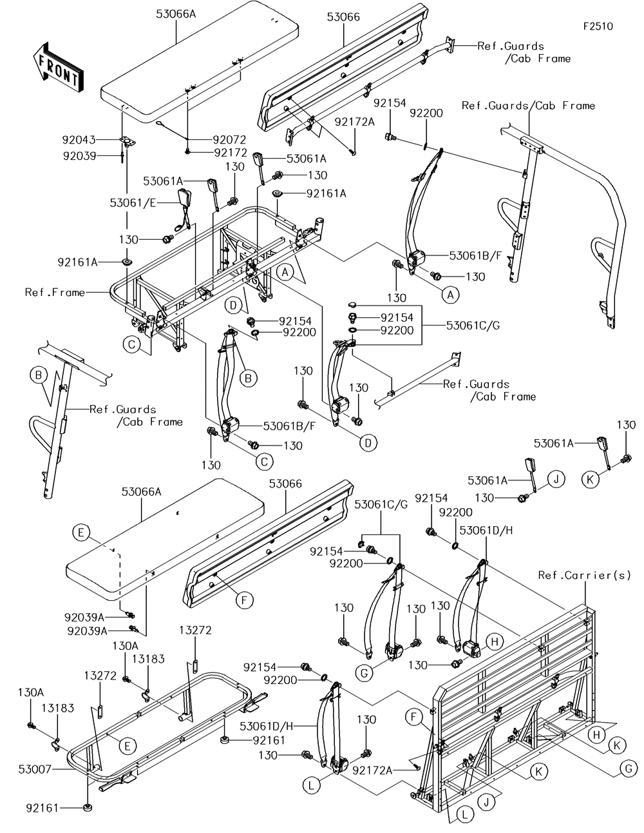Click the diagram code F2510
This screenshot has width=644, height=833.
pyautogui.click(x=598, y=26)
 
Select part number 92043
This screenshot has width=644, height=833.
pyautogui.click(x=79, y=139)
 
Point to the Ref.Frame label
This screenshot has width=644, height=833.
pyautogui.click(x=55, y=293)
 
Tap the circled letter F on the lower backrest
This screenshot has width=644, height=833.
pyautogui.click(x=243, y=600)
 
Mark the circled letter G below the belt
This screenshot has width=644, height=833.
pyautogui.click(x=365, y=673)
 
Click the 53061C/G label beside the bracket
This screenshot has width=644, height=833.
pyautogui.click(x=473, y=326)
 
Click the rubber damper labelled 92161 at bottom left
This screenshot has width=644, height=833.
pyautogui.click(x=86, y=808)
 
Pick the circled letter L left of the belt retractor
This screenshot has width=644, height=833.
pyautogui.click(x=312, y=785)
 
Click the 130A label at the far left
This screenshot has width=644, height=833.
pyautogui.click(x=32, y=692)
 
